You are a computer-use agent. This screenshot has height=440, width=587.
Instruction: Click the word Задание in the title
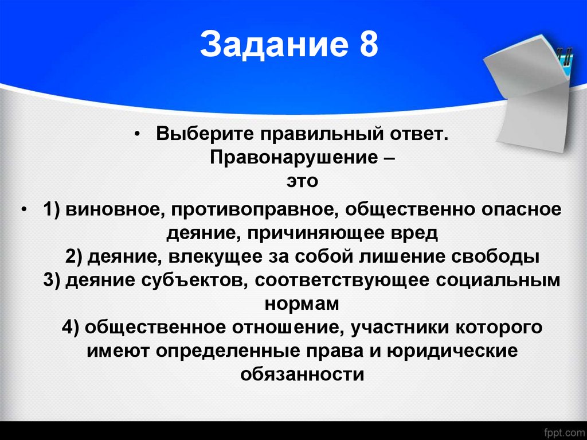[272, 45]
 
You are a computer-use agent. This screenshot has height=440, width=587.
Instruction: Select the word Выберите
[204, 135]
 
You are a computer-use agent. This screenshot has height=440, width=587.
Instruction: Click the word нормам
[302, 303]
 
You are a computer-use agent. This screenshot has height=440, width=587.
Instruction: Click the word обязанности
[302, 374]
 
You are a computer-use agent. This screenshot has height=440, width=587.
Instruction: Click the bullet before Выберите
[138, 135]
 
